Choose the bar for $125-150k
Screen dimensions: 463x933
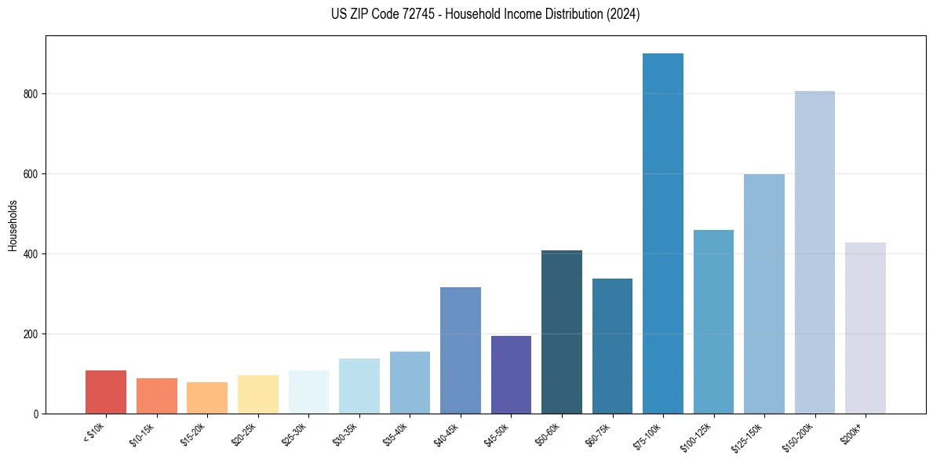click(x=764, y=293)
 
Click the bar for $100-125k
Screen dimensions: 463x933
click(x=713, y=322)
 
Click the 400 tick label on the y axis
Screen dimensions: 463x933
click(x=31, y=254)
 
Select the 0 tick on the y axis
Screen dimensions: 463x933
click(x=37, y=414)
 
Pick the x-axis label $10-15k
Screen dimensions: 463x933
click(x=142, y=434)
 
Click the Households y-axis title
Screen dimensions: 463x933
click(x=13, y=225)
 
